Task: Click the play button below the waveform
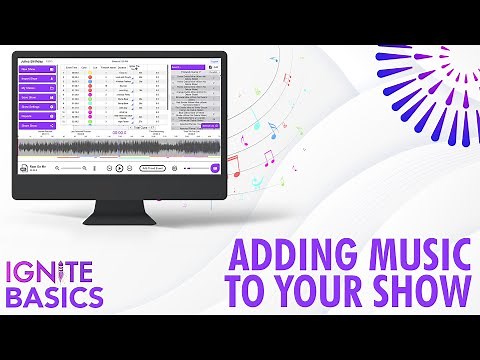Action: click(x=119, y=168)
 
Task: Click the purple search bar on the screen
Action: click(x=188, y=68)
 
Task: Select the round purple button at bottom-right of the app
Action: click(x=214, y=167)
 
